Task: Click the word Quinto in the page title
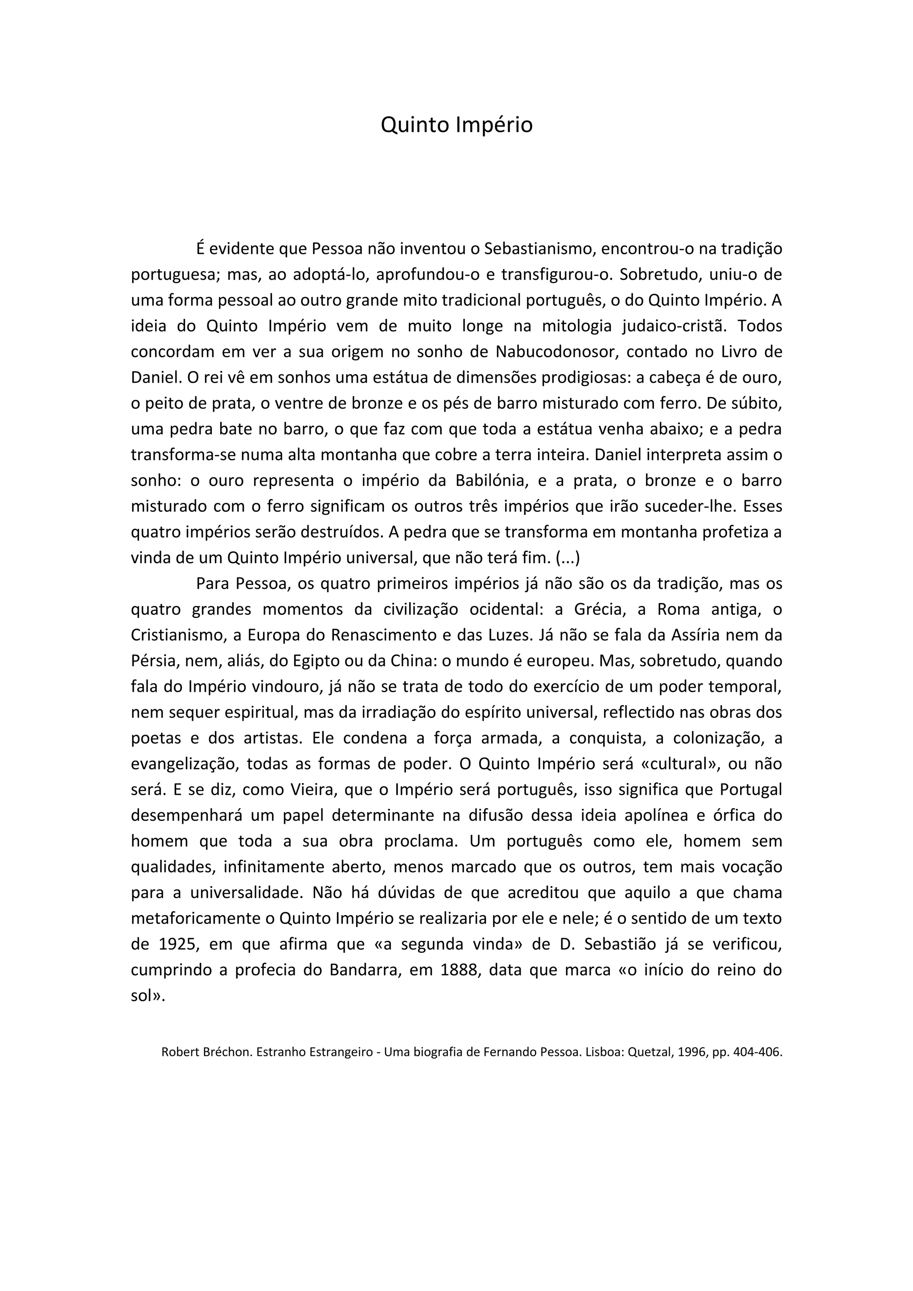[415, 125]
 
